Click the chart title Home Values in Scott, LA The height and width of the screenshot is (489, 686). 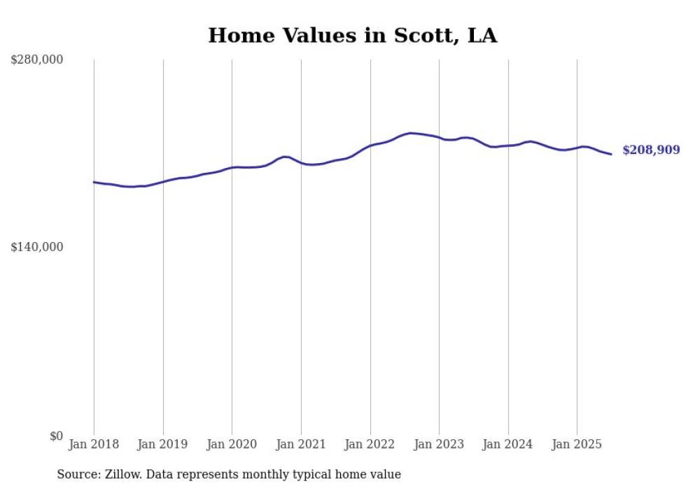pos(352,36)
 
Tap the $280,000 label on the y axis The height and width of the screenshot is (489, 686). pos(36,60)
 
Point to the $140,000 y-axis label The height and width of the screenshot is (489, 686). pos(36,247)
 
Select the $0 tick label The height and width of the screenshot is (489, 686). pos(56,436)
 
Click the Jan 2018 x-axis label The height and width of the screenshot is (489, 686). pos(94,444)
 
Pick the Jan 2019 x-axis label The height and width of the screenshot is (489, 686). pos(163,444)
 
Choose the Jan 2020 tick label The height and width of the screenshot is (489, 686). pos(232,444)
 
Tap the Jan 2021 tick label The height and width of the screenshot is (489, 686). pos(301,444)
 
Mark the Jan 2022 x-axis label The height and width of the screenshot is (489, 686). pos(370,444)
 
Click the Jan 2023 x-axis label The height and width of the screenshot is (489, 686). pos(439,444)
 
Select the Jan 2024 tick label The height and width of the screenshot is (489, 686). pos(508,444)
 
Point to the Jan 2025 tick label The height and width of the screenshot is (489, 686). pos(577,444)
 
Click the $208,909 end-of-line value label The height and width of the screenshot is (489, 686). pos(651,150)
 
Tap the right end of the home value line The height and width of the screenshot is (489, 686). pos(611,154)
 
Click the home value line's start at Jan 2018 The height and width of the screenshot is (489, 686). pos(94,182)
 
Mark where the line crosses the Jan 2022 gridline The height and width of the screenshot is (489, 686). pos(370,146)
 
